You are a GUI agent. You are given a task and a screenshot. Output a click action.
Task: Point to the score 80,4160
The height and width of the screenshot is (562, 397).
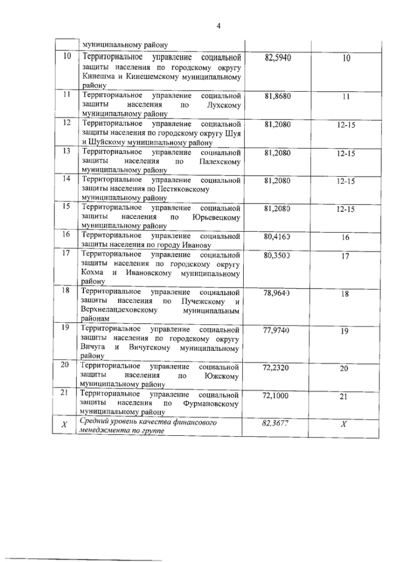coord(277,237)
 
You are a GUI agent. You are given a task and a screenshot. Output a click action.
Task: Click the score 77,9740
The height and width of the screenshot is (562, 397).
coord(277,331)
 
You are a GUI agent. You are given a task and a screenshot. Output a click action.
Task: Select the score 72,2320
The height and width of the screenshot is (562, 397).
coord(277,368)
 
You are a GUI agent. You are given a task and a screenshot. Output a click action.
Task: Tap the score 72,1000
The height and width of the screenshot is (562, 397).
coord(277,396)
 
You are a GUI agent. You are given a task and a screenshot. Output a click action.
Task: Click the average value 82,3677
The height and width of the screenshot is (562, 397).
coord(277,424)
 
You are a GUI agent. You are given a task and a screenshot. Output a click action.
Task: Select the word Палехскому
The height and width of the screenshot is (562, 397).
coord(220,162)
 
